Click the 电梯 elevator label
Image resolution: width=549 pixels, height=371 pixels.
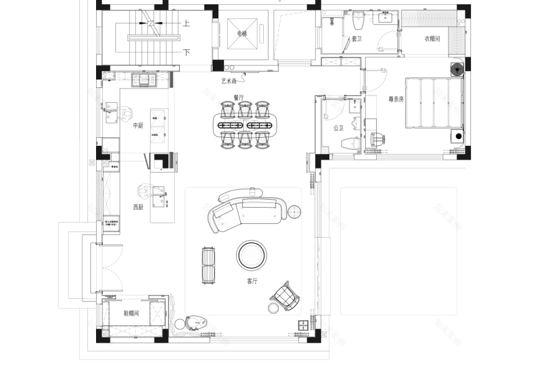[242, 34]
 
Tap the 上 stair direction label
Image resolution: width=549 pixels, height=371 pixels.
[186, 24]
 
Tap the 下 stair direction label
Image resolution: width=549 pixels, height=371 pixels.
[186, 52]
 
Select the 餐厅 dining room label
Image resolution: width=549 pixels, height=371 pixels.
[238, 97]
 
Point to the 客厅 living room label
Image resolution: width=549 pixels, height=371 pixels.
[252, 281]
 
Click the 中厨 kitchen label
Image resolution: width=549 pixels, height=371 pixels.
[138, 125]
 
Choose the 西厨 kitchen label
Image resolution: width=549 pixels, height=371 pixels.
[138, 207]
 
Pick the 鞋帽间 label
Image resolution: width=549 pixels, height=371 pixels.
[131, 313]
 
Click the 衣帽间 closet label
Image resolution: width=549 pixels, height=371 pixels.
[432, 39]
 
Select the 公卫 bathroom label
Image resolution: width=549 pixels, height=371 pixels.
[338, 128]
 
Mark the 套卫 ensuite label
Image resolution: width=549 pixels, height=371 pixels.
[356, 39]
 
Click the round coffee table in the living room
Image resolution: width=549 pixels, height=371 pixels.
[252, 255]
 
